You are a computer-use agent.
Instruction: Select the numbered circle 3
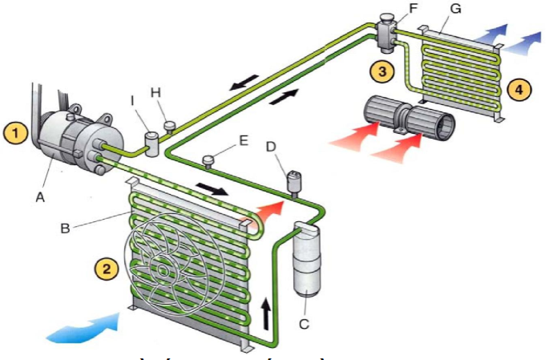pos(383,71)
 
